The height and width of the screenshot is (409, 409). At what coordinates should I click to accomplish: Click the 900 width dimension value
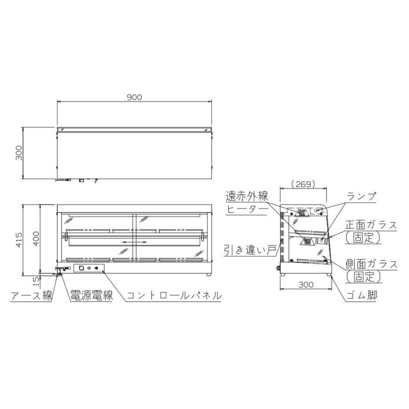click(134, 97)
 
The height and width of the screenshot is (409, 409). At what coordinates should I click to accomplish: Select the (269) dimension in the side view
click(303, 184)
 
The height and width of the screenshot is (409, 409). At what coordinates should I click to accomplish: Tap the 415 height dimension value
click(19, 240)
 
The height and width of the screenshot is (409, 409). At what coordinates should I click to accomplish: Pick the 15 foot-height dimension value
click(36, 281)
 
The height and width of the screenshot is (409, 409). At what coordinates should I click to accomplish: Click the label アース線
click(31, 296)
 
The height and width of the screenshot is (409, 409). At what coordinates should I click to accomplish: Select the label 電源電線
click(92, 295)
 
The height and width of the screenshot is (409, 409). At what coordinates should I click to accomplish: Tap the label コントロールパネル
click(174, 295)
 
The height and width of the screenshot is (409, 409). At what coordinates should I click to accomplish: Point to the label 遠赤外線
click(247, 196)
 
